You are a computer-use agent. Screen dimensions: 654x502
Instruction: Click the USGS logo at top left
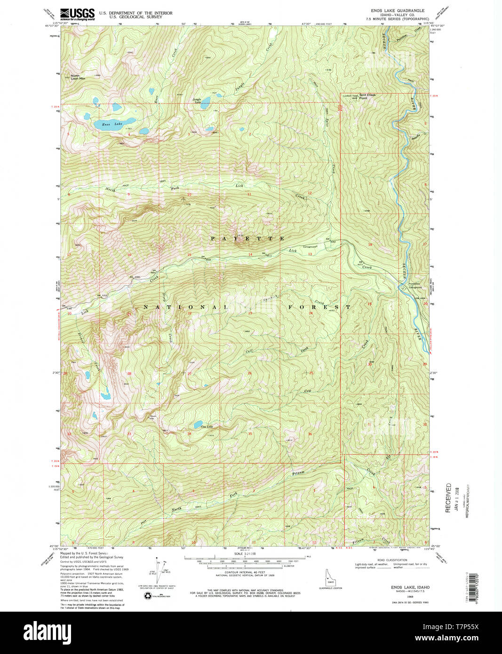pos(77,14)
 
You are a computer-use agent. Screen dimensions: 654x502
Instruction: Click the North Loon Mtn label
pos(78,77)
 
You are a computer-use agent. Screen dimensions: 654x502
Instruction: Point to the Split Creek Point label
pos(367,96)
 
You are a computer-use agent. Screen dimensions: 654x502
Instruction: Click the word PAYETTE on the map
pos(247,239)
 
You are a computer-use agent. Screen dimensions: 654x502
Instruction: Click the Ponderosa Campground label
pos(410,286)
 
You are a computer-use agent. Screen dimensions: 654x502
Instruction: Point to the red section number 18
pos(370,245)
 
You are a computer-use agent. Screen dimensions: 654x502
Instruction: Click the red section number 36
pos(310,434)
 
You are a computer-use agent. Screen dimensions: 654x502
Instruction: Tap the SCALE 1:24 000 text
pos(244,554)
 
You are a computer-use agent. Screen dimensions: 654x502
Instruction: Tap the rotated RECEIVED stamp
pos(448,497)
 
